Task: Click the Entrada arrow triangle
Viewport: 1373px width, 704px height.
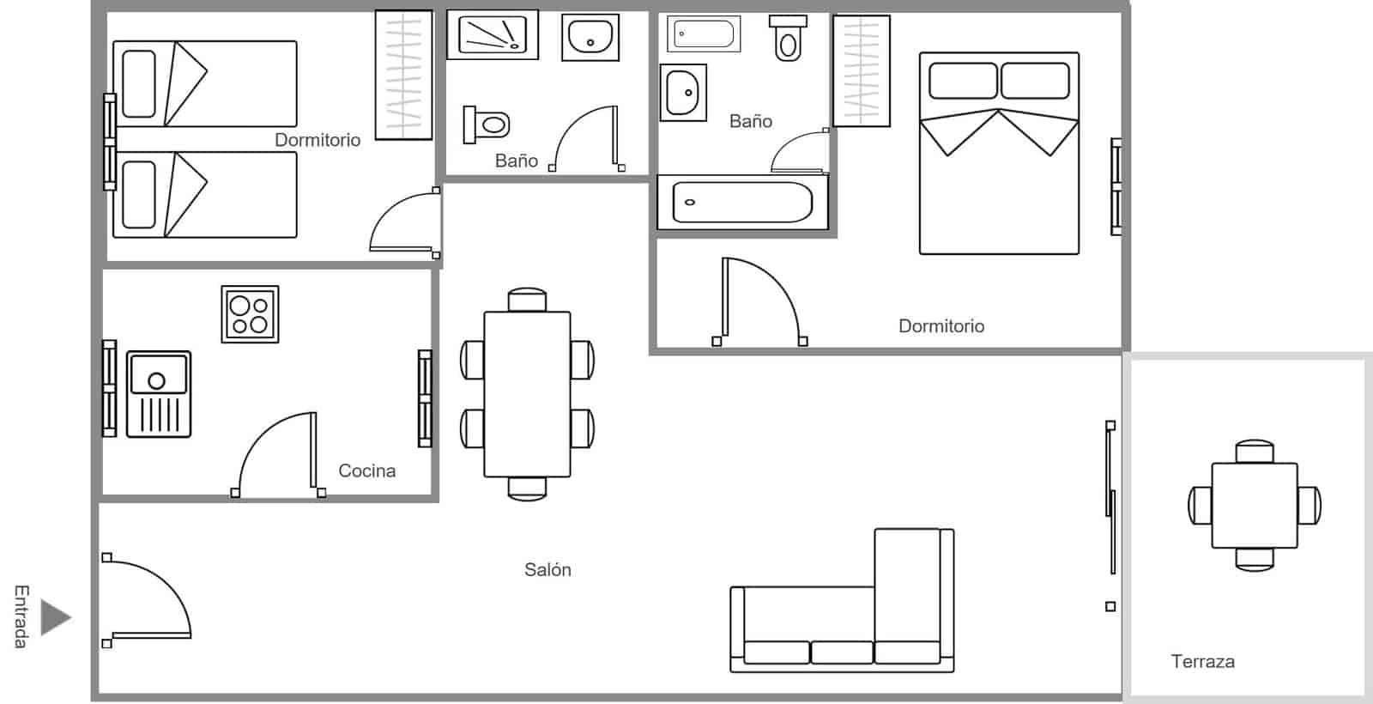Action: [55, 617]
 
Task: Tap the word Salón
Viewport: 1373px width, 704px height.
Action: [547, 570]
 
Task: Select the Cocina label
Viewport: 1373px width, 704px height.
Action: [366, 470]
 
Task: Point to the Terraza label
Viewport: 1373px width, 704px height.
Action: [1202, 661]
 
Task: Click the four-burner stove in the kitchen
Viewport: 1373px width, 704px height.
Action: [250, 314]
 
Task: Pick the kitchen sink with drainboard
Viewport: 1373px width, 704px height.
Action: [159, 394]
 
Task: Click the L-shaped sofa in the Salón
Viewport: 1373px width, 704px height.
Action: [842, 601]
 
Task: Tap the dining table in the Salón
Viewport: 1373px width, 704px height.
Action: [527, 394]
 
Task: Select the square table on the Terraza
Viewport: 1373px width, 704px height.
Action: [1255, 506]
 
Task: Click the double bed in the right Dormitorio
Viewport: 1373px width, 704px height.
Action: [999, 154]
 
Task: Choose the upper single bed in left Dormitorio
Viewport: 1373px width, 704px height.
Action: [205, 84]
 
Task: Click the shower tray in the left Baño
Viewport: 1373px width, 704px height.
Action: [493, 34]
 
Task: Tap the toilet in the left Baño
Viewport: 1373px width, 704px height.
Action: [487, 125]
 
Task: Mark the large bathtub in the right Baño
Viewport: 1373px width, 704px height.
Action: [743, 203]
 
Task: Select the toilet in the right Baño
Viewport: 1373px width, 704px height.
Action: [789, 38]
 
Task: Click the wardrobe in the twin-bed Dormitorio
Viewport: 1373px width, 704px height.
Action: [404, 75]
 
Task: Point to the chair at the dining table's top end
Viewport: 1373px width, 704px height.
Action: [527, 300]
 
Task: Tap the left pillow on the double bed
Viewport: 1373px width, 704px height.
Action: [963, 81]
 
